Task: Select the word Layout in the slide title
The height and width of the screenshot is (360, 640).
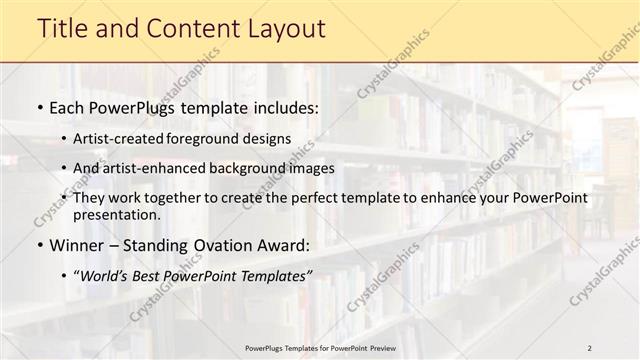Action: click(x=279, y=29)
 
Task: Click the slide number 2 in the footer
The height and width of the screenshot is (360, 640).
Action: click(x=589, y=347)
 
